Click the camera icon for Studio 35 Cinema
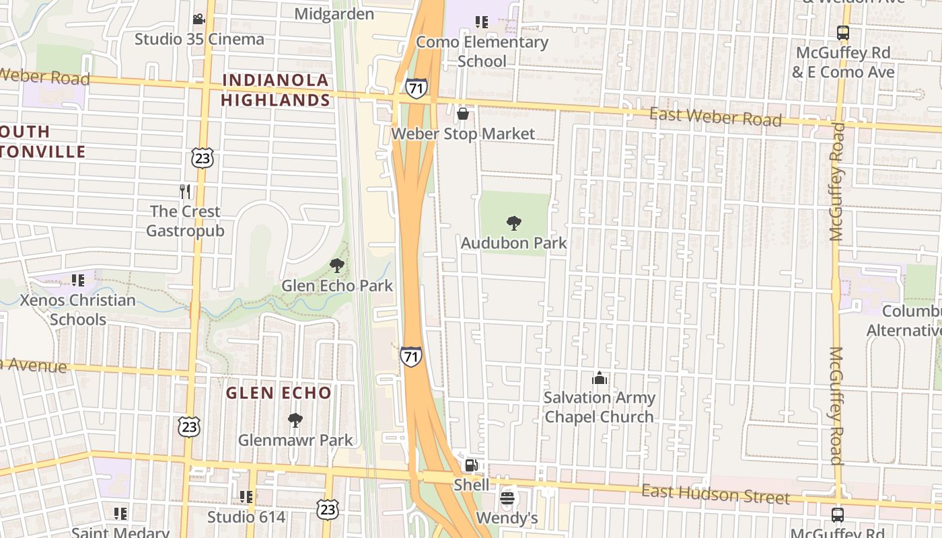[x=198, y=20]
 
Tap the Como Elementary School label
[x=482, y=51]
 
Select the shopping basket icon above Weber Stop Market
[x=462, y=114]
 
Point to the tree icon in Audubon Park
[x=514, y=223]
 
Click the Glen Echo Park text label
[x=337, y=285]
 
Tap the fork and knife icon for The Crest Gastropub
[x=185, y=192]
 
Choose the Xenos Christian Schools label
[x=78, y=309]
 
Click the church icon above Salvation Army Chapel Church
[x=599, y=378]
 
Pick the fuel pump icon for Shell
[x=472, y=465]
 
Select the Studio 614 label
[x=246, y=517]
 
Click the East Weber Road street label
[x=715, y=118]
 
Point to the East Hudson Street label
[x=715, y=495]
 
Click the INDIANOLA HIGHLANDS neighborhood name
[x=276, y=90]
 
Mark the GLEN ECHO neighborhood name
[x=279, y=393]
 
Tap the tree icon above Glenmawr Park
[x=295, y=421]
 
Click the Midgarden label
[x=334, y=13]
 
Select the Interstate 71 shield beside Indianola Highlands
[x=416, y=88]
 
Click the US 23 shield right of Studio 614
[x=328, y=510]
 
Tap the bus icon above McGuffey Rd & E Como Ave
[x=842, y=32]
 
